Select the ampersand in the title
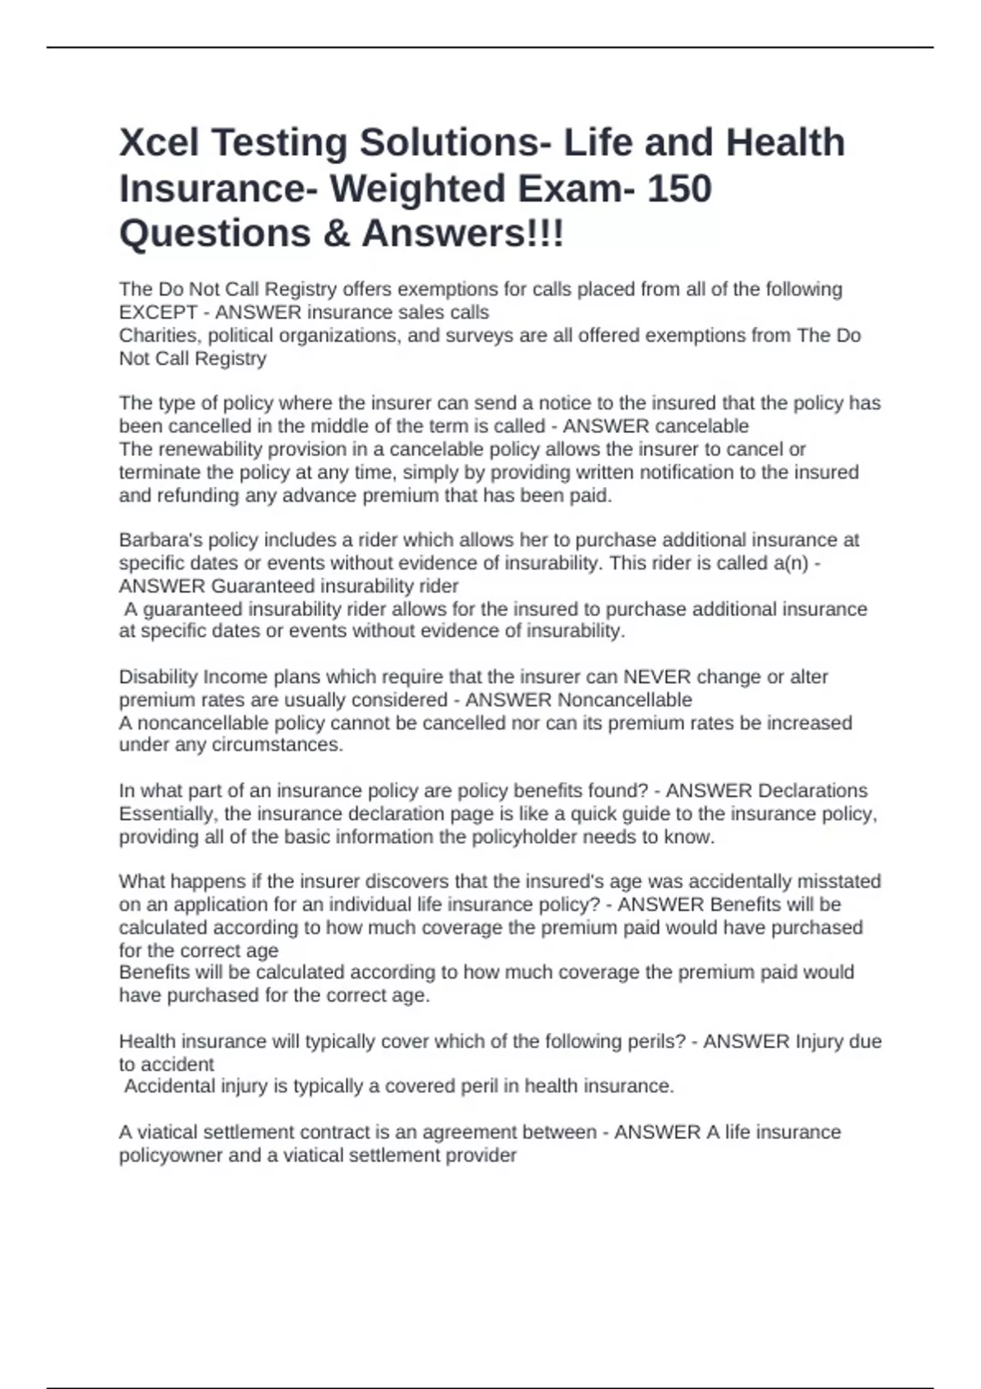tap(336, 234)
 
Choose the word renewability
tap(208, 449)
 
